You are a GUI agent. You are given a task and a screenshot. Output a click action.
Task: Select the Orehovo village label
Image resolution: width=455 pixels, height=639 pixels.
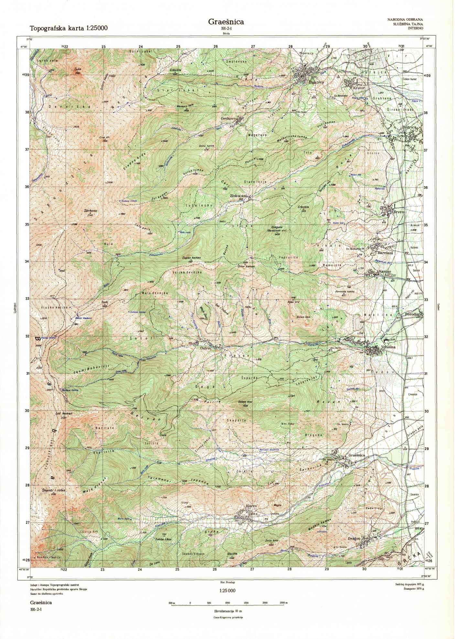(227, 119)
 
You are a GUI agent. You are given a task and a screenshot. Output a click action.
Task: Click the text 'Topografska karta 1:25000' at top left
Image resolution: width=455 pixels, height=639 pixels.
(69, 28)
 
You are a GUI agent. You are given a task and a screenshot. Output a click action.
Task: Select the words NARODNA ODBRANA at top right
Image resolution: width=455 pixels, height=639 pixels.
(405, 20)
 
